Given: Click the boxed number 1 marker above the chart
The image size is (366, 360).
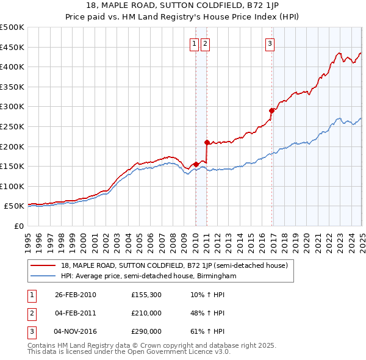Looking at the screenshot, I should [x=194, y=43].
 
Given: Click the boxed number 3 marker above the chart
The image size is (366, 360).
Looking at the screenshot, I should [x=269, y=43].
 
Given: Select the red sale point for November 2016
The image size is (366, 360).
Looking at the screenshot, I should [x=271, y=110].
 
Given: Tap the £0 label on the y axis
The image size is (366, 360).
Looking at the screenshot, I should [x=19, y=226].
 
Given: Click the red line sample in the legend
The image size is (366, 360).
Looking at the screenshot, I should [x=43, y=265].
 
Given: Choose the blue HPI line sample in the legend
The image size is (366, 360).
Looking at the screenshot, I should [x=43, y=276].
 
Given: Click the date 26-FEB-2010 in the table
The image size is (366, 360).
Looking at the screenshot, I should [x=76, y=295].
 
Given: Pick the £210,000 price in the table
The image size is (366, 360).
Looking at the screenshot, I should [x=146, y=313].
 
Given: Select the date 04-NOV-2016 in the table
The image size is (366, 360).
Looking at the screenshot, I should [x=76, y=331].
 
